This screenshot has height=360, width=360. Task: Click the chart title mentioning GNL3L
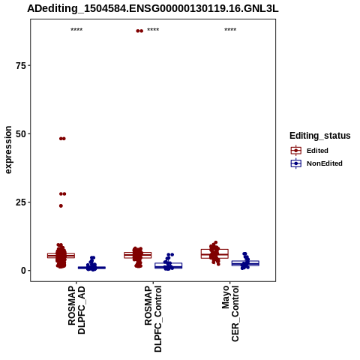153,9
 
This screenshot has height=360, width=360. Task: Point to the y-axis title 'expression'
8,150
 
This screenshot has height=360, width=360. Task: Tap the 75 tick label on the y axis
21,65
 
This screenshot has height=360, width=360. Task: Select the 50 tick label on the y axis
21,134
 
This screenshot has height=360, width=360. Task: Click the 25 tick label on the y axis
21,202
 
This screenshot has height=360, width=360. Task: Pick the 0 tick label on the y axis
23,271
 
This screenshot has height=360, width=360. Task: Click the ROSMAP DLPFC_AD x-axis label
76,310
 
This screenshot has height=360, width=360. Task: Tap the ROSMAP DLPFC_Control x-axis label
153,319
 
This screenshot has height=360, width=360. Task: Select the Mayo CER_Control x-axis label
230,313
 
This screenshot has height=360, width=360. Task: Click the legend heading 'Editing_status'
319,136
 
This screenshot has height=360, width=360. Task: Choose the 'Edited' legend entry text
317,151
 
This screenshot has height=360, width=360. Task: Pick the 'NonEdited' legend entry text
325,163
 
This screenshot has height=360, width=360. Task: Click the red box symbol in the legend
296,151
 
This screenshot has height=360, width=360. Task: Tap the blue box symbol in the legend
296,163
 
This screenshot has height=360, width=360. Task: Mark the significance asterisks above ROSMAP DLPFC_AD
76,29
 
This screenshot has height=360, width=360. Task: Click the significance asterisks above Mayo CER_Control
230,29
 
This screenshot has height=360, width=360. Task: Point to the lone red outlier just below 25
61,205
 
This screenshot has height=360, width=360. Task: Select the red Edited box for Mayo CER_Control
214,253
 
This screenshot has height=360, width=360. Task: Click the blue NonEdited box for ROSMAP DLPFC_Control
169,265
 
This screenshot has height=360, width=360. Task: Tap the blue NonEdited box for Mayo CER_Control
245,263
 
